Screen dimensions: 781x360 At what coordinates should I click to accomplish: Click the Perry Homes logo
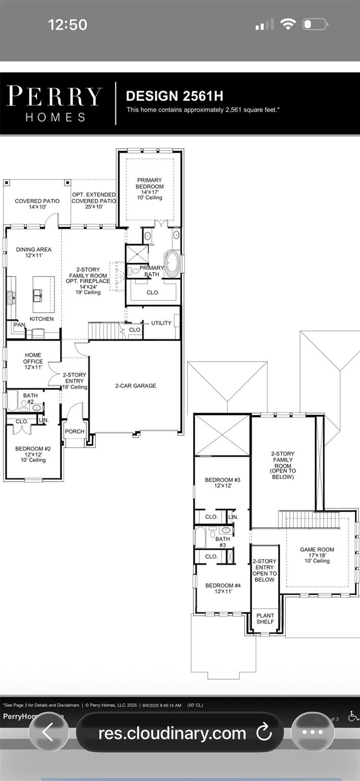tap(54, 104)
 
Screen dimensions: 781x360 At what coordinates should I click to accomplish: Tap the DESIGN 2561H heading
tap(174, 96)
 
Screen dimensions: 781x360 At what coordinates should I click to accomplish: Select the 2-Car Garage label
tap(135, 386)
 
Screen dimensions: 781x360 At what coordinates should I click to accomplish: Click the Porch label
tap(75, 432)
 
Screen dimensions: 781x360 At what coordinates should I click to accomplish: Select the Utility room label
tap(161, 323)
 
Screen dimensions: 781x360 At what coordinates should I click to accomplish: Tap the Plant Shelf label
tap(265, 619)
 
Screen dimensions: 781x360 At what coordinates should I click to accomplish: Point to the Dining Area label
tap(34, 253)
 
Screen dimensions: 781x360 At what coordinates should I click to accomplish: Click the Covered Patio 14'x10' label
tap(37, 204)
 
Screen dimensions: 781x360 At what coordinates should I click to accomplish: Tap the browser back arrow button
tap(48, 733)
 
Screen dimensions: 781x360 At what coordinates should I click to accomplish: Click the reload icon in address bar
tap(263, 733)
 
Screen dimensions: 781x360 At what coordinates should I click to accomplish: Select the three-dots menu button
tap(313, 733)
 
